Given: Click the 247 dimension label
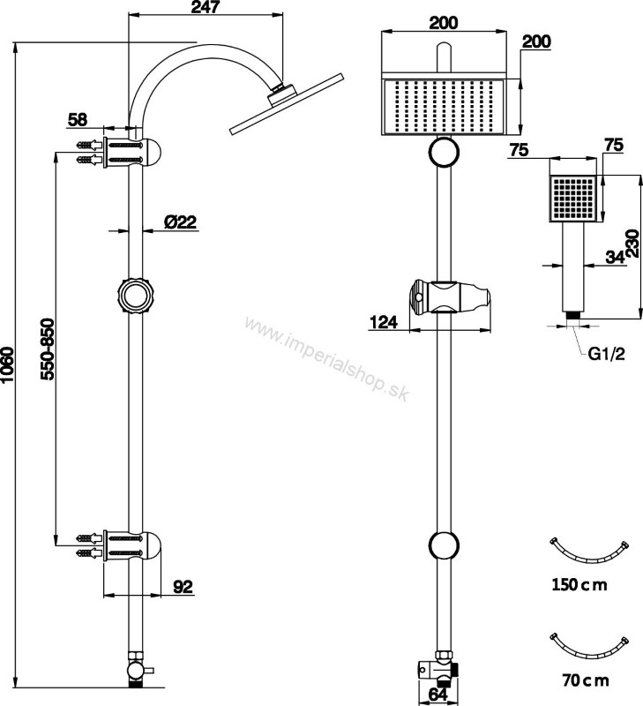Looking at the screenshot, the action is tap(206, 7).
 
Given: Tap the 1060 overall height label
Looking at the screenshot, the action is tap(8, 365).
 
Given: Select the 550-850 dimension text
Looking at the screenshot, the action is tap(48, 349).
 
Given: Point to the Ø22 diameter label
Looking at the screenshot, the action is tap(181, 222).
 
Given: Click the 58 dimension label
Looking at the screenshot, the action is tap(78, 120).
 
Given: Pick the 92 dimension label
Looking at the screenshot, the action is tap(183, 586).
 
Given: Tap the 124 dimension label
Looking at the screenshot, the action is tap(384, 322).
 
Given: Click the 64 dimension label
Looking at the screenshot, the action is tap(437, 695).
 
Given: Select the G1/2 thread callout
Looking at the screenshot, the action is tap(607, 354).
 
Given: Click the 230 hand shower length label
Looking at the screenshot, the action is tap(632, 244).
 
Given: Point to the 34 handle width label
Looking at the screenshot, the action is tap(615, 257).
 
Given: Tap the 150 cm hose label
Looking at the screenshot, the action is tap(579, 584).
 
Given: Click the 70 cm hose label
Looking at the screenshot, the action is tap(586, 680).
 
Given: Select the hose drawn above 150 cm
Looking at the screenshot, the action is tap(589, 556).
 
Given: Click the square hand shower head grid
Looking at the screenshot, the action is tap(573, 198).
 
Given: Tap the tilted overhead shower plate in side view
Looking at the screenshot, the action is tap(287, 104).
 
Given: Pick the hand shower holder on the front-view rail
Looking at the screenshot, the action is tap(449, 297).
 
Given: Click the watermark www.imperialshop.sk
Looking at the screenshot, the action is tap(327, 358).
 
